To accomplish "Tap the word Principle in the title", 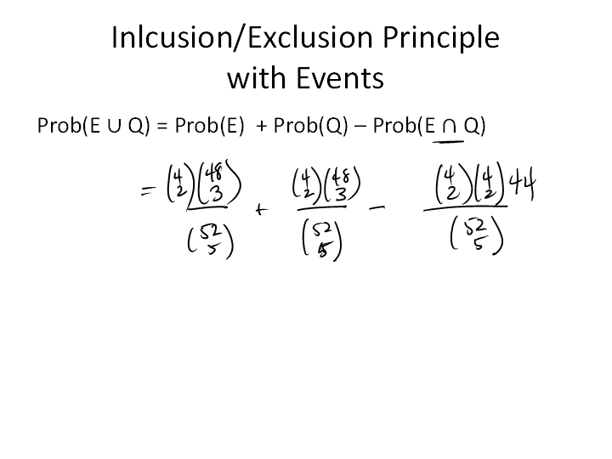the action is pos(440,38).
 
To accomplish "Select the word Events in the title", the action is pos(339,77).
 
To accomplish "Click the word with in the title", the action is pos(258,76).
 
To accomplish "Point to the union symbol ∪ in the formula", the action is pos(114,127).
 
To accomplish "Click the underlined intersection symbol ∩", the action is pos(450,127).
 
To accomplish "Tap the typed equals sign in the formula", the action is pos(162,127).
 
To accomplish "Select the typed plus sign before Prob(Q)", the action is pos(262,127).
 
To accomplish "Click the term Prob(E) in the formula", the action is pos(209,126).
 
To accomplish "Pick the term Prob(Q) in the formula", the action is pos(311,126).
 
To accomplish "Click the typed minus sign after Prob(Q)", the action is pos(360,127).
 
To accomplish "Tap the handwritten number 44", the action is pos(523,182).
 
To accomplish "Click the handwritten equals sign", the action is pos(148,191).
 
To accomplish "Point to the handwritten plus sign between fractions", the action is pos(262,211).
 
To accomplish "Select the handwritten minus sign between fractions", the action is pos(377,208).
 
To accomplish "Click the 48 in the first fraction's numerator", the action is pos(213,173).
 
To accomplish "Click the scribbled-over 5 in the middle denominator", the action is pos(323,251).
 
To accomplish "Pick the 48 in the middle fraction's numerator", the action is pos(340,178).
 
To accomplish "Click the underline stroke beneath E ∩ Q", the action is pos(448,142).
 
